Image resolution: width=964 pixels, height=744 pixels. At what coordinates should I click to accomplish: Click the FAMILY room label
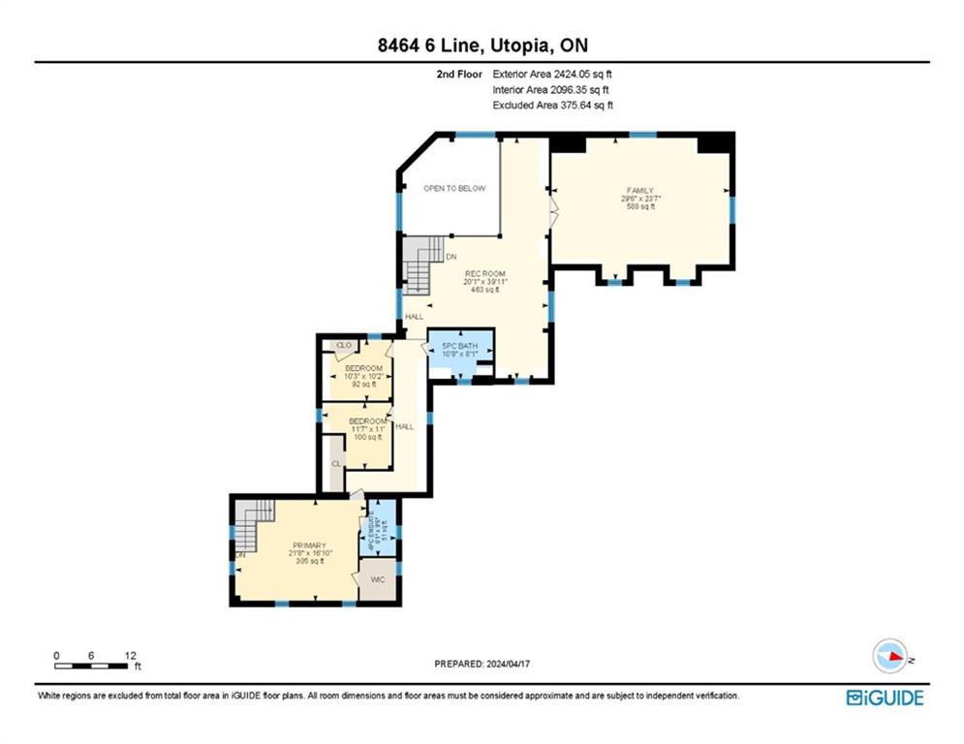point(638,191)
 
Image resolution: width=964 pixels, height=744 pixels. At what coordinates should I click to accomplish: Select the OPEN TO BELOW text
point(454,188)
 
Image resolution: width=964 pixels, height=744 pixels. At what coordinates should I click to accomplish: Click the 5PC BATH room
point(460,347)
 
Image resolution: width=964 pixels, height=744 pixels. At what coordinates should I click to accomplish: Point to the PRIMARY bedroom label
point(309,545)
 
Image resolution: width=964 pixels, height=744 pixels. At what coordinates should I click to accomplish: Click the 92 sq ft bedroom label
point(363,369)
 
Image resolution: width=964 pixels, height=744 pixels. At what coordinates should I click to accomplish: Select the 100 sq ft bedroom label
point(367,421)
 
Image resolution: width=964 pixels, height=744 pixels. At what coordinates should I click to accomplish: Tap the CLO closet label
point(341,345)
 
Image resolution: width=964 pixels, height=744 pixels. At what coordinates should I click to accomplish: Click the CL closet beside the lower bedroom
point(336,464)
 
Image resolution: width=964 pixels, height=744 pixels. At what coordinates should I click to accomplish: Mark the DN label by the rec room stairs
point(451,257)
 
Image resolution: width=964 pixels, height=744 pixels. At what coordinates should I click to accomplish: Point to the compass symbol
point(888,656)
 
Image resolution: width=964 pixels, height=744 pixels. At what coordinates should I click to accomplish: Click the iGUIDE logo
point(885,697)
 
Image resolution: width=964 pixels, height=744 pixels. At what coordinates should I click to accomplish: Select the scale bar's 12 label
point(128,655)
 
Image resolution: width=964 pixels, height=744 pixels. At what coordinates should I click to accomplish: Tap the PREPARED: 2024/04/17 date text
point(483,665)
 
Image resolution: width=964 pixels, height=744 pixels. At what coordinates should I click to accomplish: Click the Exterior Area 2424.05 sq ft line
point(552,73)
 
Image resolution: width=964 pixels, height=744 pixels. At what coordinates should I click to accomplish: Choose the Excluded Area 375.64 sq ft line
point(552,105)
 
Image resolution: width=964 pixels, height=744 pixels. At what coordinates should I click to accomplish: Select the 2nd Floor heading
point(458,73)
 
